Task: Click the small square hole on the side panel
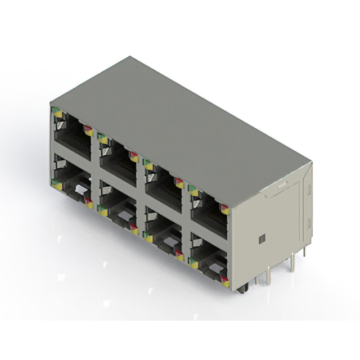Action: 260,238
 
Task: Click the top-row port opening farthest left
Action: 73,134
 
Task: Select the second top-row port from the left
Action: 118,159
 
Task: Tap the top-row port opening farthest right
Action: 209,209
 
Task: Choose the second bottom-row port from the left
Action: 117,209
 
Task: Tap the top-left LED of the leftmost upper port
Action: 57,112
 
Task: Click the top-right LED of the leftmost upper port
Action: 88,130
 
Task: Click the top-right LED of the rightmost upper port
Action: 224,209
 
